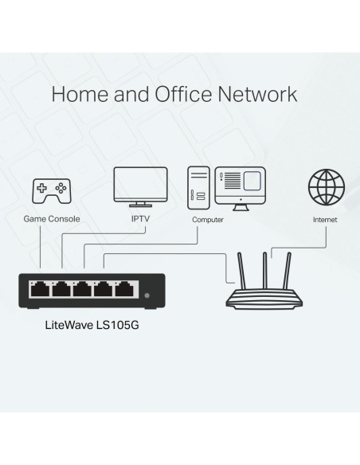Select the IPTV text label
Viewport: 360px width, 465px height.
(141, 218)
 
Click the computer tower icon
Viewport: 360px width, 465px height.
(198, 186)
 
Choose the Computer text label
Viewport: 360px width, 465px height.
(208, 218)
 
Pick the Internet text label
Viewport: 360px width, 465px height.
(325, 218)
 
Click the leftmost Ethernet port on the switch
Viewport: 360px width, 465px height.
(38, 291)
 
